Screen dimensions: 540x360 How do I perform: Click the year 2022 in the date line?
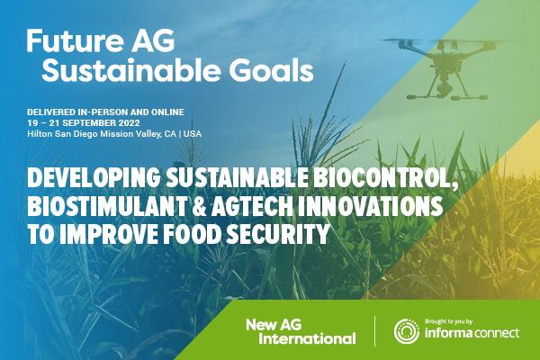pyautogui.click(x=129, y=123)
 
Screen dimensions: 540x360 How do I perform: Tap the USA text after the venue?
pyautogui.click(x=193, y=134)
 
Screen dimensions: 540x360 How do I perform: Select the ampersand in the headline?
pyautogui.click(x=198, y=206)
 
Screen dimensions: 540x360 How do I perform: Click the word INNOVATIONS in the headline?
pyautogui.click(x=370, y=206)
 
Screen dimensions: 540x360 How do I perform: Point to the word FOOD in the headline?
pyautogui.click(x=192, y=234)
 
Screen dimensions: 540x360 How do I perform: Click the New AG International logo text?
pyautogui.click(x=301, y=331)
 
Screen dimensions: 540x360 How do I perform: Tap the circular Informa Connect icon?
pyautogui.click(x=407, y=331)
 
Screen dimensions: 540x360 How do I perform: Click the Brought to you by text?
pyautogui.click(x=448, y=321)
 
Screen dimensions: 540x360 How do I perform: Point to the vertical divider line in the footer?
pyautogui.click(x=374, y=331)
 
